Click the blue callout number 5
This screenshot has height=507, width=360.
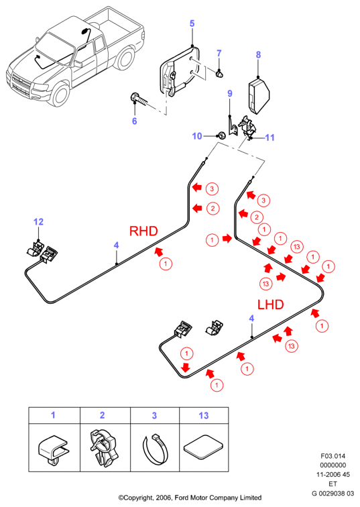coord(192,23)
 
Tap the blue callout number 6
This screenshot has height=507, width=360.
coord(135,121)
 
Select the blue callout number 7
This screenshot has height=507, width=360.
coord(219,53)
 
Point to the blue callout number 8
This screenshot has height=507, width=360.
coord(258,54)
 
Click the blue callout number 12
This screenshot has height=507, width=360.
coord(38,222)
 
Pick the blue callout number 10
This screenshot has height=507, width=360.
coord(197,136)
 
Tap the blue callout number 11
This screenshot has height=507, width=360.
coord(270,137)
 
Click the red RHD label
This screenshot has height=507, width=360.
coord(143,231)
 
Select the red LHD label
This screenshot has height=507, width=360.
coord(270,304)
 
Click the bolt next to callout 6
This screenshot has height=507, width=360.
coord(139,99)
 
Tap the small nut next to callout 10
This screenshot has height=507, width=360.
coord(222,135)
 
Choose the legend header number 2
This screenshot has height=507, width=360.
coord(103,415)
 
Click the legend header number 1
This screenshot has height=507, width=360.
coord(53,415)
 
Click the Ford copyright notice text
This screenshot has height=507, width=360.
coord(190,498)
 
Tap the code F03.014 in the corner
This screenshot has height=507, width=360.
coord(333,456)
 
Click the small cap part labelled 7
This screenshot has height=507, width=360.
coord(220,74)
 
